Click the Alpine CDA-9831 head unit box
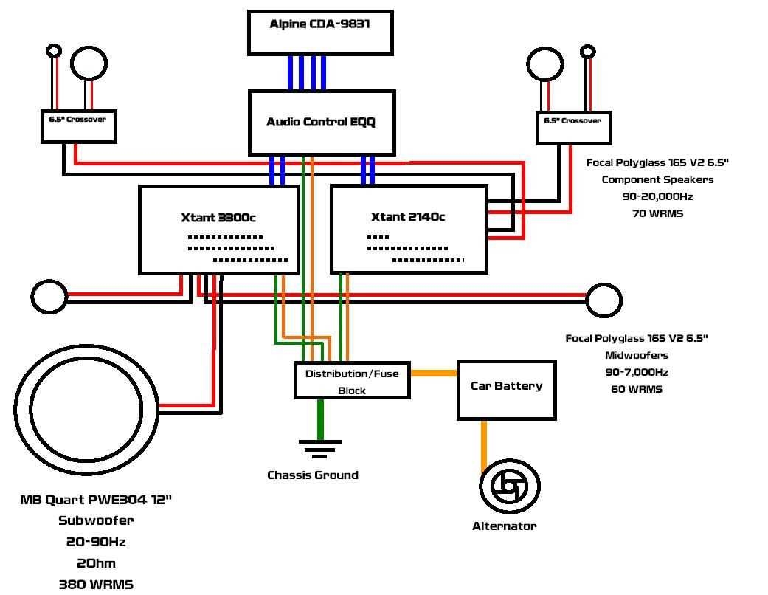(x=319, y=33)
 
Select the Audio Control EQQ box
(x=321, y=123)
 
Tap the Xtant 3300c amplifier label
(x=218, y=217)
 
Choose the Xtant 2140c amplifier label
(x=408, y=217)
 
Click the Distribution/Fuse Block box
(x=352, y=381)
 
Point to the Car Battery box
(x=506, y=390)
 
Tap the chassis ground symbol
(x=320, y=447)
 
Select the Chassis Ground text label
(x=313, y=475)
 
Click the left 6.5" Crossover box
(x=78, y=126)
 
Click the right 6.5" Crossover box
(x=573, y=128)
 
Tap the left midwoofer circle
(x=49, y=297)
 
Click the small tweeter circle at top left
(x=54, y=51)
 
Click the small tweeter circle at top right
(x=587, y=52)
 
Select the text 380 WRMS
(x=96, y=584)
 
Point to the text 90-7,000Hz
(x=637, y=372)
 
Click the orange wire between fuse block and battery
(x=433, y=373)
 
